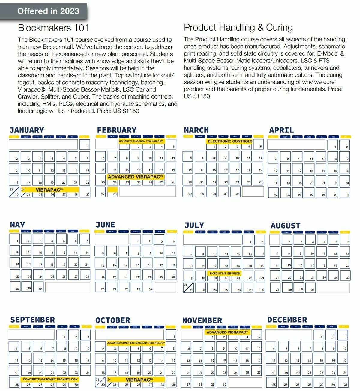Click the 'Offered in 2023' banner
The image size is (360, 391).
point(48,11)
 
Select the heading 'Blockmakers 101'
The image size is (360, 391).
point(53,28)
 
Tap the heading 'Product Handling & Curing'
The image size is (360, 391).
point(238,27)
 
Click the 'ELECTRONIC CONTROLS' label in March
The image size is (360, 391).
point(230,141)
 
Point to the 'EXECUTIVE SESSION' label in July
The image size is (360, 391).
point(225,274)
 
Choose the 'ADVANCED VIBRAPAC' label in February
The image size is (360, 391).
point(135,177)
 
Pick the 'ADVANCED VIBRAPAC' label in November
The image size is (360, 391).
point(227,332)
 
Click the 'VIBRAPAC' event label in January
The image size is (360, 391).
point(49,190)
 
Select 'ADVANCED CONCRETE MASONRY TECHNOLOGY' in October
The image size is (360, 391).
point(136,343)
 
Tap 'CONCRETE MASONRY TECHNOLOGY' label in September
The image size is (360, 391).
point(50,379)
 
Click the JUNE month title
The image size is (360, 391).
point(105,225)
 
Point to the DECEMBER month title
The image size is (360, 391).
point(287,320)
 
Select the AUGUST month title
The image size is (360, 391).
point(285,226)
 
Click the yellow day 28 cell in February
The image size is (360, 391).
point(112,192)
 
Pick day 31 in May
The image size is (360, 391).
point(39,287)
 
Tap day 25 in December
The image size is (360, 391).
point(272,383)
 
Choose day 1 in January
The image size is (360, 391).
point(85,145)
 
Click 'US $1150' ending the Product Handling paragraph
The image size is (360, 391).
point(197,96)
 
